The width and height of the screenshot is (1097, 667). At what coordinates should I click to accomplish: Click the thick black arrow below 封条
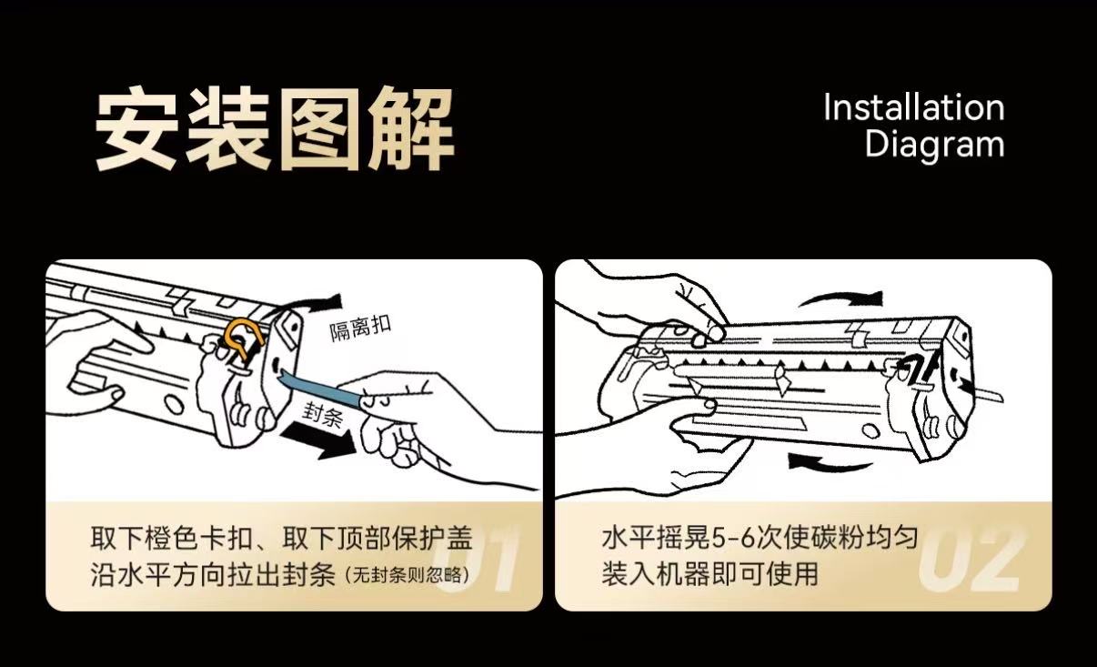[x=318, y=440]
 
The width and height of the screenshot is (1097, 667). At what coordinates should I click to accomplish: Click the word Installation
[x=914, y=106]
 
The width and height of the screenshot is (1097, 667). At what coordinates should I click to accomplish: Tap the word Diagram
[x=934, y=144]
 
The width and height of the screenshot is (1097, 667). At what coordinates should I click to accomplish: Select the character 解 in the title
[x=410, y=129]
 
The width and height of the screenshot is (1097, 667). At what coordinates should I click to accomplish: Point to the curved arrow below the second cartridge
[x=830, y=462]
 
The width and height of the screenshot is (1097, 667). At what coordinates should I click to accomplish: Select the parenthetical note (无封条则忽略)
[x=406, y=575]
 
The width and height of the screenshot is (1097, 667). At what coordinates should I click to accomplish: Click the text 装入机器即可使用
[x=710, y=574]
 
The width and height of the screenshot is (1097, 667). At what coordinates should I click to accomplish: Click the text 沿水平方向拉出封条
[x=213, y=575]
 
